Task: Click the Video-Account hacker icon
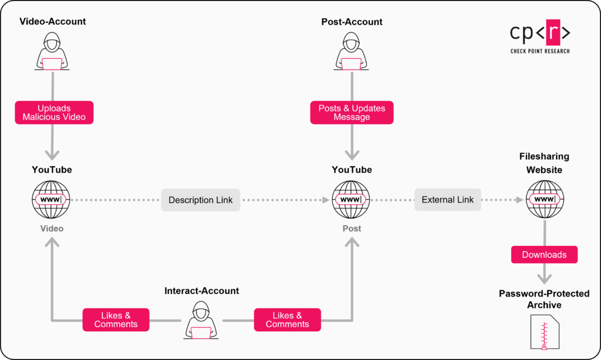point(53,52)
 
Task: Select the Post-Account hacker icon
point(352,52)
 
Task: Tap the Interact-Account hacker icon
point(201,321)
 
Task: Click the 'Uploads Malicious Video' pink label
point(54,113)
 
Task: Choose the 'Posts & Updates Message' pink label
point(352,113)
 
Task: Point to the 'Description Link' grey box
point(200,200)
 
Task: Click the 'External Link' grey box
point(447,200)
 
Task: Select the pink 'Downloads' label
point(544,255)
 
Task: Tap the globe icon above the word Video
point(52,200)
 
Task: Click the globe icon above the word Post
point(351,200)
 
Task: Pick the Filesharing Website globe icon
point(544,200)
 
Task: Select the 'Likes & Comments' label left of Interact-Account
point(116,320)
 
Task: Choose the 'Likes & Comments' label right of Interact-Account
point(287,320)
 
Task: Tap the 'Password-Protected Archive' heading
point(544,300)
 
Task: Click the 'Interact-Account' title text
point(201,291)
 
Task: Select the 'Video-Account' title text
point(53,22)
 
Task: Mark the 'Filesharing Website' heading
point(544,163)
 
